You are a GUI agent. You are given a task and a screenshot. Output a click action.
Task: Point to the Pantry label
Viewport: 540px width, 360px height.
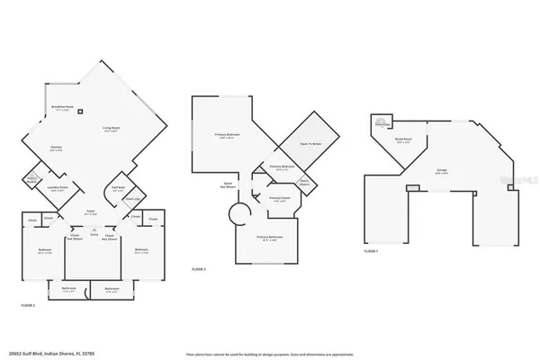pyautogui.click(x=32, y=178)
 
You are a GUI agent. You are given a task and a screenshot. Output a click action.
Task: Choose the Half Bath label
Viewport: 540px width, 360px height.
pyautogui.click(x=117, y=189)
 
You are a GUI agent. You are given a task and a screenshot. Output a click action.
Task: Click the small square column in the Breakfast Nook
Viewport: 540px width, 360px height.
pyautogui.click(x=80, y=112)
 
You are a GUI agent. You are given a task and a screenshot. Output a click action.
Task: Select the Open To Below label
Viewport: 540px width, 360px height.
pyautogui.click(x=310, y=145)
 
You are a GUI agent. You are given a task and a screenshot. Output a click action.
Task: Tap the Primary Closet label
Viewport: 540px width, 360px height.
pyautogui.click(x=280, y=199)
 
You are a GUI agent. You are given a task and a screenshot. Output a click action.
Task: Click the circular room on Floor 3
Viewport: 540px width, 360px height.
pyautogui.click(x=238, y=216)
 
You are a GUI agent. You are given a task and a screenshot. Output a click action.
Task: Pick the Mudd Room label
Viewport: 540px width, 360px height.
pyautogui.click(x=402, y=140)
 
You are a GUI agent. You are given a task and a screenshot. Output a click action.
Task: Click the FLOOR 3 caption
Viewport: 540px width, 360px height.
pyautogui.click(x=200, y=269)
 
